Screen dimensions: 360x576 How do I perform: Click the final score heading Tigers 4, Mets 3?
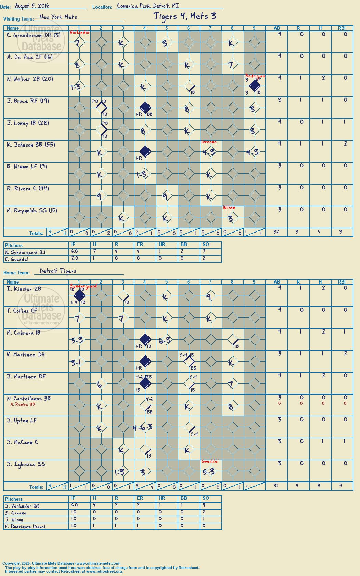pyautogui.click(x=185, y=16)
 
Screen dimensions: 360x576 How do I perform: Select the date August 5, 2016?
pyautogui.click(x=32, y=6)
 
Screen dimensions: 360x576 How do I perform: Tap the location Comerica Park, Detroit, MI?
pyautogui.click(x=148, y=6)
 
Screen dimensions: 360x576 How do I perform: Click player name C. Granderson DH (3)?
pyautogui.click(x=34, y=35)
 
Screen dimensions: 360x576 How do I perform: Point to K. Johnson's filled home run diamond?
pyautogui.click(x=145, y=151)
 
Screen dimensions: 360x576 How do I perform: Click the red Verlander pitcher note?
pyautogui.click(x=80, y=32)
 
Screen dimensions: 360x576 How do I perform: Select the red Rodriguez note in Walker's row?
pyautogui.click(x=255, y=76)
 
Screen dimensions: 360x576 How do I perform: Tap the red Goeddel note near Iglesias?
pyautogui.click(x=210, y=461)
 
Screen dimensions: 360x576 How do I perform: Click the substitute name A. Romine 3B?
pyautogui.click(x=23, y=404)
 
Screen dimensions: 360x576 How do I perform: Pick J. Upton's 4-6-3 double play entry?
pyautogui.click(x=143, y=428)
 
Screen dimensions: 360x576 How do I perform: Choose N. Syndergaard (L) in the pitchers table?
pyautogui.click(x=25, y=252)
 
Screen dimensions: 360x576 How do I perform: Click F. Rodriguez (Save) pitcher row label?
pyautogui.click(x=25, y=527)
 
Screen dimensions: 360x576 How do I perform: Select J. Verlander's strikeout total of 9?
pyautogui.click(x=204, y=505)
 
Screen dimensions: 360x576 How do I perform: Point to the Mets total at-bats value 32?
pyautogui.click(x=276, y=232)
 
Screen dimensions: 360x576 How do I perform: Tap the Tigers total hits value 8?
pyautogui.click(x=319, y=486)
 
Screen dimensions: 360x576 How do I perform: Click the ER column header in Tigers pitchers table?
pyautogui.click(x=140, y=498)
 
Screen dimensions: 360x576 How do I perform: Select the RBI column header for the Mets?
pyautogui.click(x=342, y=28)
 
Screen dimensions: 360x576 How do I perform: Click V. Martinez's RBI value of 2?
pyautogui.click(x=345, y=353)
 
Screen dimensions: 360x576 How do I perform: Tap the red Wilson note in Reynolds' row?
pyautogui.click(x=229, y=208)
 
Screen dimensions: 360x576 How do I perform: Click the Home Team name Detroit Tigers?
pyautogui.click(x=58, y=271)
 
